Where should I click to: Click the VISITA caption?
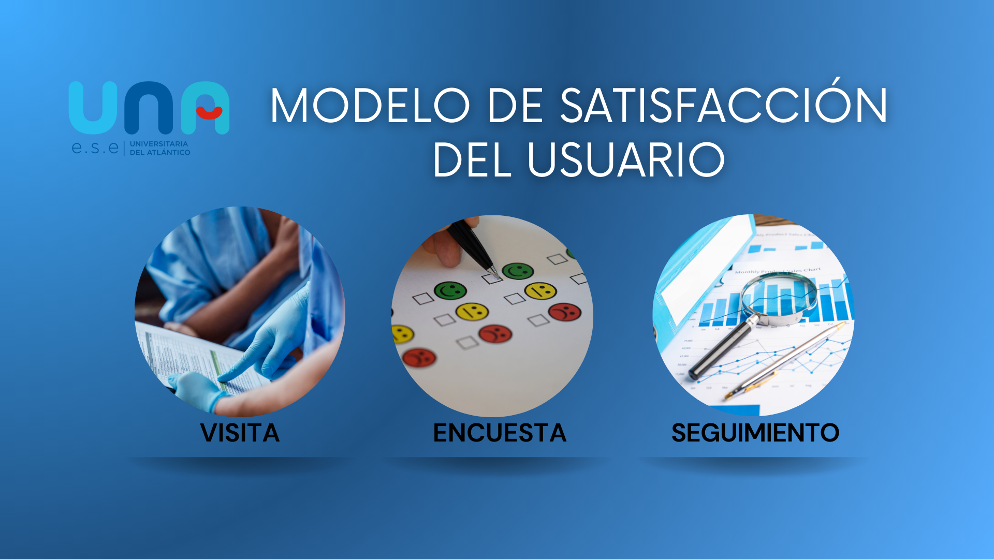point(240,433)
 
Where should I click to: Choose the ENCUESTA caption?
point(500,433)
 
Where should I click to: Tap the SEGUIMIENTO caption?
point(755,433)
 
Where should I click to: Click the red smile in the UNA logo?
point(209,112)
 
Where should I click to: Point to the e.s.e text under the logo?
point(95,148)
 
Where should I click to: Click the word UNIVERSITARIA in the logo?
point(159,144)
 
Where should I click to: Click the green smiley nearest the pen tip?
point(517,271)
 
